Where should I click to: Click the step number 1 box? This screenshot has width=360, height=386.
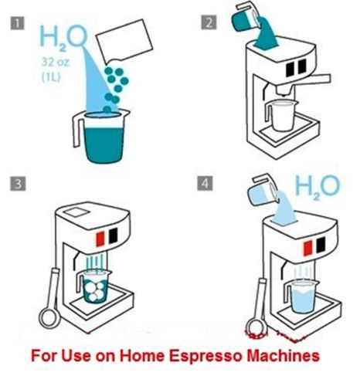tap(18, 23)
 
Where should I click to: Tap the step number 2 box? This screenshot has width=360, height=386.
tap(209, 22)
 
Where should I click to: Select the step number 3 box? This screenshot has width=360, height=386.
tap(18, 184)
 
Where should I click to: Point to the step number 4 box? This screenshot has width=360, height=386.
tap(205, 183)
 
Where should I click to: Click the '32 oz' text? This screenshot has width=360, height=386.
tap(56, 62)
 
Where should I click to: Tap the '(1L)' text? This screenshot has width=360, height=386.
tap(51, 77)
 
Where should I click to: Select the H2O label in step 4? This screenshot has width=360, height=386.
tap(317, 186)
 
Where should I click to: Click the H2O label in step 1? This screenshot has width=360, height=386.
tap(63, 37)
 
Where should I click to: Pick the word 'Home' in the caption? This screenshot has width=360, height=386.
tap(142, 356)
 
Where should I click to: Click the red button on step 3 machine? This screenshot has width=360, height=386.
tap(100, 239)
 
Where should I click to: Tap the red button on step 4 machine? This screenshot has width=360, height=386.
tap(307, 249)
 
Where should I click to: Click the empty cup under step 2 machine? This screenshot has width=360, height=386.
tap(282, 115)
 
